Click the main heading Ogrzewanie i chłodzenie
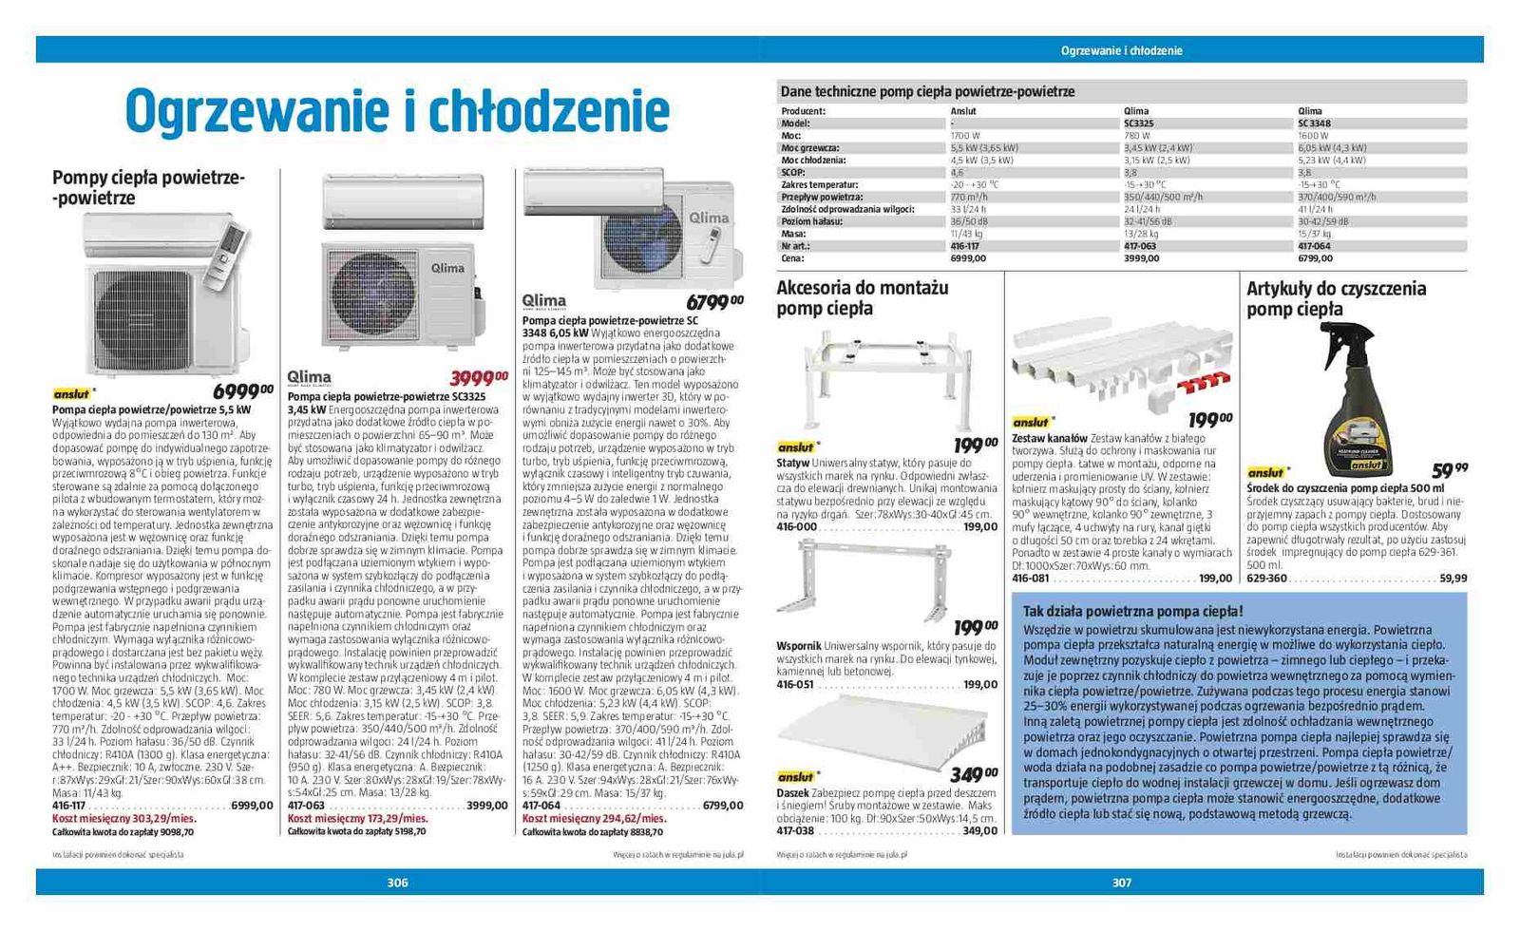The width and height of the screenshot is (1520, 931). tap(397, 112)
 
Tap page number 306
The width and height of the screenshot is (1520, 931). tap(397, 883)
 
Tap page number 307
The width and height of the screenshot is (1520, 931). tap(1122, 883)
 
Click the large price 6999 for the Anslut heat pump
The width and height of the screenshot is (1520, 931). tap(242, 391)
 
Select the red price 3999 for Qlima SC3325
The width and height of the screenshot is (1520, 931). tap(480, 377)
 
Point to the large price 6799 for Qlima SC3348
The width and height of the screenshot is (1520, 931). tap(714, 302)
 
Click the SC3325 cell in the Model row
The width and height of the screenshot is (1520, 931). tap(1138, 123)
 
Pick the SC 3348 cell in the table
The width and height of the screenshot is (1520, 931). tap(1314, 123)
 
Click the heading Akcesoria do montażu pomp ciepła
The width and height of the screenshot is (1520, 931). tap(862, 297)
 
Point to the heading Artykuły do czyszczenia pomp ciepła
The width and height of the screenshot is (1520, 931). tap(1336, 298)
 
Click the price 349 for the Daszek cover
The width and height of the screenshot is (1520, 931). tap(973, 774)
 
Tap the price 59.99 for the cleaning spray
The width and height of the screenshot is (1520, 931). tap(1449, 469)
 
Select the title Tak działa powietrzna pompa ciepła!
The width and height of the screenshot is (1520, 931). tap(1132, 611)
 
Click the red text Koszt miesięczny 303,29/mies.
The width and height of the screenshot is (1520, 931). tap(123, 818)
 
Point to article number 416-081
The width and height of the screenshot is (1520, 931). tap(1030, 579)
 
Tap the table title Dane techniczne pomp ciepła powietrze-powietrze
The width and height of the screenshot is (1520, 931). tap(927, 92)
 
